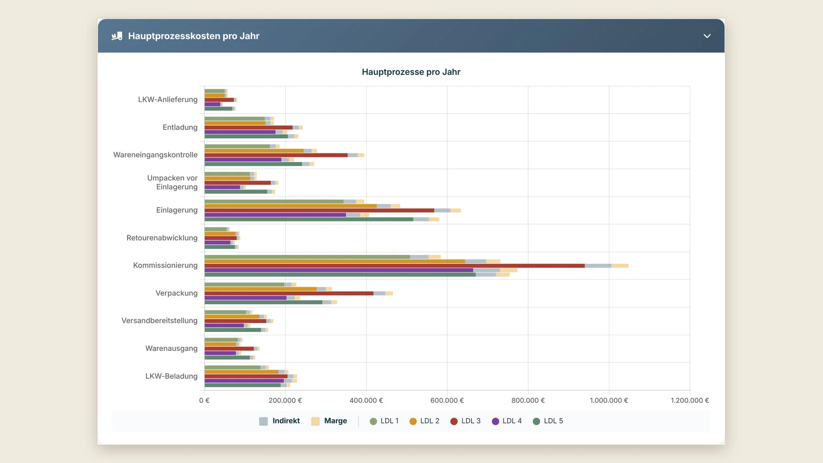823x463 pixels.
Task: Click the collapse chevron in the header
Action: [707, 36]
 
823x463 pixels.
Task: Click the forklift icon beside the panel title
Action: [117, 36]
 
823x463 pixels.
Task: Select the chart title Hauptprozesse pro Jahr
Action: [411, 72]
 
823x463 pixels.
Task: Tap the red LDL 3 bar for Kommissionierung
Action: [395, 265]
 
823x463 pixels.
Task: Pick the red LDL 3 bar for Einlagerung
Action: [319, 210]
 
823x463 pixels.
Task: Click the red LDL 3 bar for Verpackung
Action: [289, 293]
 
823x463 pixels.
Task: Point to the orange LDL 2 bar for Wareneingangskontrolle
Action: [254, 151]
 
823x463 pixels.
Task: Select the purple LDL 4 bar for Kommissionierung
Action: [339, 270]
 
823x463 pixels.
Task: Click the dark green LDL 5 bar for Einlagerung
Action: [309, 220]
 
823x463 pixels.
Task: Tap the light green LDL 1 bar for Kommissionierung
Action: [307, 257]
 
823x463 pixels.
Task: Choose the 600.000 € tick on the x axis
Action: [447, 401]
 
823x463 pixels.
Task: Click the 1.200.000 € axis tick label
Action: [690, 401]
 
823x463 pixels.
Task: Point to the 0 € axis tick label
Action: [204, 401]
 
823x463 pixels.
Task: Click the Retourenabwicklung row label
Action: [162, 238]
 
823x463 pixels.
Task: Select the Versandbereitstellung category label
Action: [159, 321]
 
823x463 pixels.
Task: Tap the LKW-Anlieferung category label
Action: [168, 100]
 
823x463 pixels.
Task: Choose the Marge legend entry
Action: [329, 421]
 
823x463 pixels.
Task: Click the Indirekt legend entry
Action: [279, 421]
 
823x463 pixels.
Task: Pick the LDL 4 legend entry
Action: [507, 421]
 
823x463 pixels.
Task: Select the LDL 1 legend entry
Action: [384, 421]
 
